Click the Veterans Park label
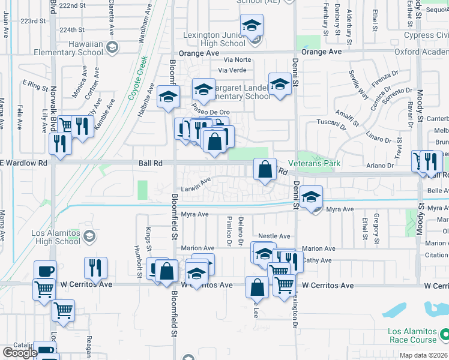pos(314,163)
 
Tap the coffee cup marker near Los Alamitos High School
pos(45,270)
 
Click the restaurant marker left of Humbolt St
pos(96,267)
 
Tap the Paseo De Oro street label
pos(210,112)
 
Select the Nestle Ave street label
pos(274,236)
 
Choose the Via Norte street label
pos(237,60)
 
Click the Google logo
pos(19,353)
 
